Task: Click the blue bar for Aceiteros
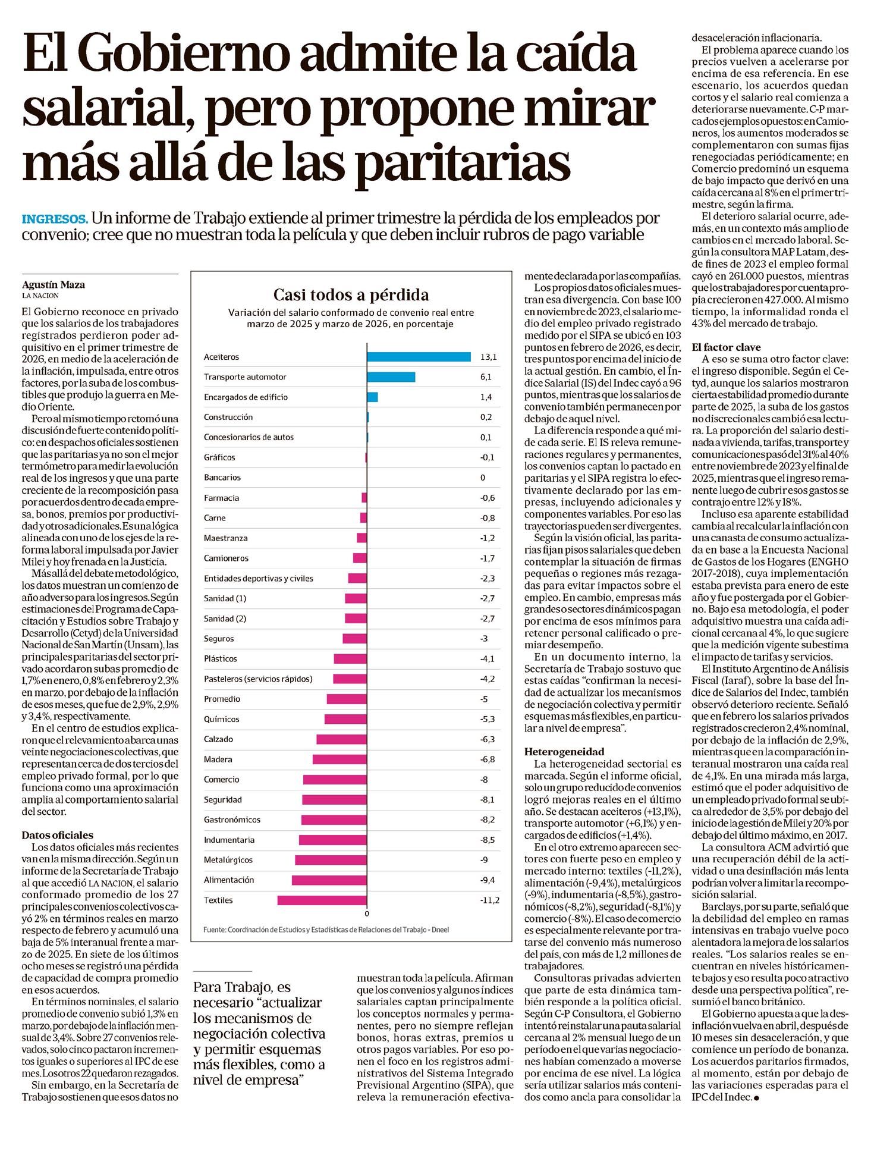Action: coord(419,357)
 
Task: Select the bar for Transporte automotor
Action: coord(391,377)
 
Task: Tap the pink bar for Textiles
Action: coord(322,900)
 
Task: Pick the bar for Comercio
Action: coord(335,780)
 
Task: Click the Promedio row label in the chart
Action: coord(222,699)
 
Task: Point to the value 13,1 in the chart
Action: coord(488,357)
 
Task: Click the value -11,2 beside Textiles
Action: coord(489,900)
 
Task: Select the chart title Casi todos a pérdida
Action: coord(351,294)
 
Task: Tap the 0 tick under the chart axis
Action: coord(367,914)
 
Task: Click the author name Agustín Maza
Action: coord(54,284)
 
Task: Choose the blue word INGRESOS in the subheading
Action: coord(55,218)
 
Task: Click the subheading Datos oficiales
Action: coord(58,835)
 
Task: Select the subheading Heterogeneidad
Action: coord(564,751)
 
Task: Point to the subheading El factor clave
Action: coord(726,347)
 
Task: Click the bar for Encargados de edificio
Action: coord(372,397)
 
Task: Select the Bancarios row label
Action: coord(222,478)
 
